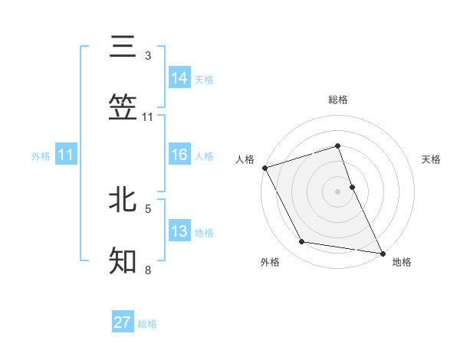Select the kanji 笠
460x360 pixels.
pyautogui.click(x=123, y=108)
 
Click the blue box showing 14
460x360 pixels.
pyautogui.click(x=179, y=77)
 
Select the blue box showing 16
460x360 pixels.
pyautogui.click(x=179, y=155)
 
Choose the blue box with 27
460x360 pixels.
pyautogui.click(x=123, y=322)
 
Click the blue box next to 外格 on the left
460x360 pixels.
pyautogui.click(x=66, y=155)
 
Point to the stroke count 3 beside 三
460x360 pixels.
pyautogui.click(x=147, y=56)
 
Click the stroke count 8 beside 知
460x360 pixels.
pyautogui.click(x=147, y=270)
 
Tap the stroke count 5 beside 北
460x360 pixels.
pyautogui.click(x=148, y=208)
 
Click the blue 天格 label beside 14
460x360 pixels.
pyautogui.click(x=204, y=79)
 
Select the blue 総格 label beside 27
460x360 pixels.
pyautogui.click(x=147, y=324)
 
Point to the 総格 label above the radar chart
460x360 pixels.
pyautogui.click(x=338, y=100)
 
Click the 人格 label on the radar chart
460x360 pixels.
pyautogui.click(x=245, y=159)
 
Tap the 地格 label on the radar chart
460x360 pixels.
pyautogui.click(x=402, y=263)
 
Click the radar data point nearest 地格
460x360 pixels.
pyautogui.click(x=382, y=252)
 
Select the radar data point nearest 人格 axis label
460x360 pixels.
pyautogui.click(x=264, y=168)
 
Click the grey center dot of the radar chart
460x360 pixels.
pyautogui.click(x=338, y=191)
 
